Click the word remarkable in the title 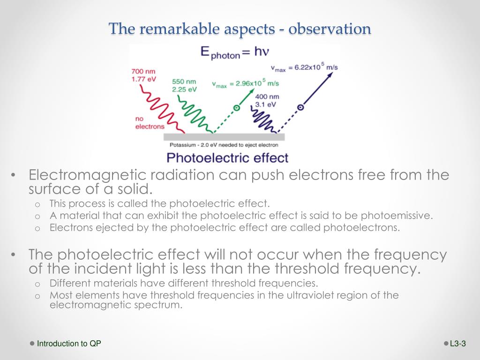pos(180,29)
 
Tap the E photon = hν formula pos(235,52)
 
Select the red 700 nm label pos(143,71)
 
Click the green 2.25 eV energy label pos(184,90)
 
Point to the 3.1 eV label pos(265,105)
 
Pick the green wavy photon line pos(195,114)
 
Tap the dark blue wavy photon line pos(263,120)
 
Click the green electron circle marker pos(236,108)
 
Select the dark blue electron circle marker pos(300,107)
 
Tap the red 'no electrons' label pos(150,123)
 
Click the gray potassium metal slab pos(224,137)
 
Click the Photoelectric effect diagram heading pos(227,158)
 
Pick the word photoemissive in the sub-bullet pos(397,216)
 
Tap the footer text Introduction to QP pos(69,344)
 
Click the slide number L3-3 pos(458,344)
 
